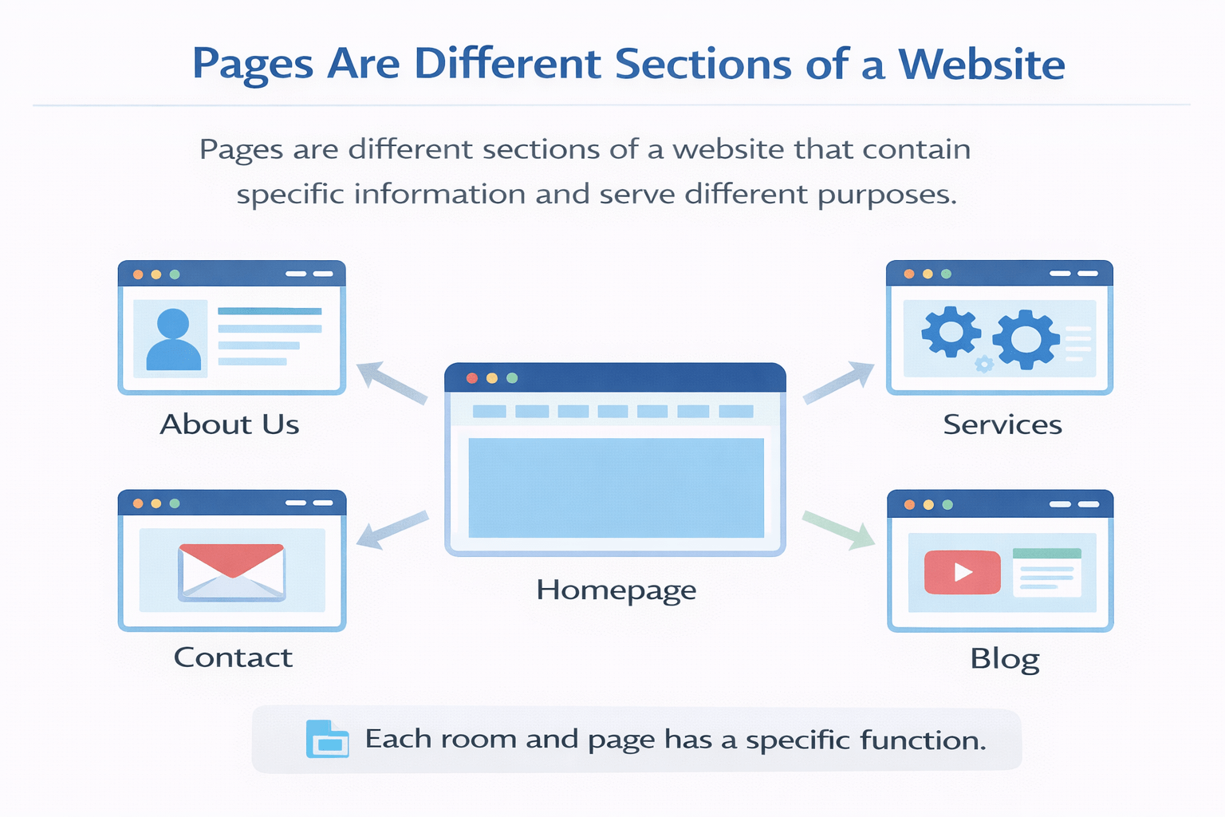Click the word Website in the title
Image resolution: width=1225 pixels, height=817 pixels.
click(x=982, y=65)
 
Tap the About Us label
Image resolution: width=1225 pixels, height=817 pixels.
click(x=230, y=424)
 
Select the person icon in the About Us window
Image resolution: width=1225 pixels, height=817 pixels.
click(x=172, y=339)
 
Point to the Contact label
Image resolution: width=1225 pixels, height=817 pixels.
click(x=233, y=657)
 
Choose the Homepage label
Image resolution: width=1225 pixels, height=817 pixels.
click(x=616, y=590)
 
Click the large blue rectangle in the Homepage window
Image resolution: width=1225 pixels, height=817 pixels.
click(x=616, y=487)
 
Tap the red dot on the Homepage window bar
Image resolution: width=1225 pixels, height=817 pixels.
click(x=472, y=378)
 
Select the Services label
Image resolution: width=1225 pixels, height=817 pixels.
click(x=1002, y=424)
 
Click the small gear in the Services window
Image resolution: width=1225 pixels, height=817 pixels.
click(x=984, y=365)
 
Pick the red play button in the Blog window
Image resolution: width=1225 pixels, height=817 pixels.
click(x=962, y=572)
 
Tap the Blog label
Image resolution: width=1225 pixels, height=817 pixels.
click(x=1004, y=659)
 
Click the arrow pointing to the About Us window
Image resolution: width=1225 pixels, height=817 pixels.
click(x=391, y=382)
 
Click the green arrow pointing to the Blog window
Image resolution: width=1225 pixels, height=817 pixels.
click(x=839, y=530)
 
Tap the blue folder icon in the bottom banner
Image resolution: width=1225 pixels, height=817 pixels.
click(x=327, y=739)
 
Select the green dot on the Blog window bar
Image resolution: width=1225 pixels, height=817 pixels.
click(x=947, y=504)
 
